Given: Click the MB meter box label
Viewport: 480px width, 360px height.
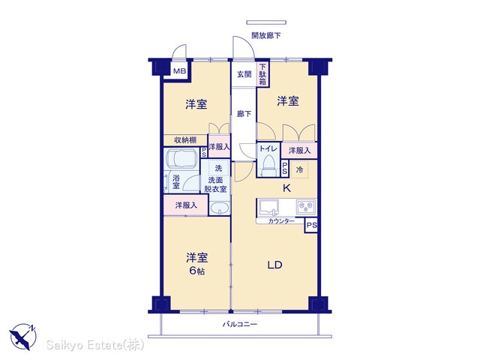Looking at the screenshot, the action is [x=180, y=71].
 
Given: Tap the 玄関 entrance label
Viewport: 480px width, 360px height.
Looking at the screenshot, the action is [x=244, y=74].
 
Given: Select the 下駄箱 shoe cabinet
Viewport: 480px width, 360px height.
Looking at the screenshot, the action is [x=262, y=74].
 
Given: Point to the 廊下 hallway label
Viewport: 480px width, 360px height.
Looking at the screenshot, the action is [x=244, y=114].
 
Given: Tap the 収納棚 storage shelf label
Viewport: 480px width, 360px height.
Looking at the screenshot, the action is [x=185, y=140].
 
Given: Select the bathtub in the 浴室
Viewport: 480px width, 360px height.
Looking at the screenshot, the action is [x=181, y=158].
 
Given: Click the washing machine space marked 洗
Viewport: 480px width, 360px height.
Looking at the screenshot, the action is [x=218, y=168].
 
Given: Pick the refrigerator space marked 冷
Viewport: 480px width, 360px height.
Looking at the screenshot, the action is [x=299, y=169].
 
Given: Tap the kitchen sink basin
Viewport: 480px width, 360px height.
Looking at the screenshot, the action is [x=268, y=207].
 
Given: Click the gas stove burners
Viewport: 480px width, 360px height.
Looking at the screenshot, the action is [x=306, y=207].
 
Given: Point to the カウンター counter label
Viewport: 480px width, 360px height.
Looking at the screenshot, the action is [x=281, y=221].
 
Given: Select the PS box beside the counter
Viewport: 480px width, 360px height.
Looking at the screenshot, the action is [x=311, y=226].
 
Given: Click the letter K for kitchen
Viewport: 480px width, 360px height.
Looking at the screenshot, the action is [x=286, y=188].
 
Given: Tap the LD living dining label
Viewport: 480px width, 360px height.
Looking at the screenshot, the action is [x=274, y=265].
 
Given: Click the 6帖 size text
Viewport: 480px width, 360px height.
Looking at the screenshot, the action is [x=196, y=271].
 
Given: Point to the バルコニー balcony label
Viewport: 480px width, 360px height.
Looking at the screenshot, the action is [x=240, y=324].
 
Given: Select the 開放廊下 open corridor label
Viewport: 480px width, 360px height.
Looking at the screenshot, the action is [x=265, y=35].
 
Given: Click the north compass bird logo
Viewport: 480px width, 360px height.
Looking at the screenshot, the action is [x=22, y=337].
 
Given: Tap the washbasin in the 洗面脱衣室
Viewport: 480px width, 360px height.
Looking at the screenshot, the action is [x=220, y=208].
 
